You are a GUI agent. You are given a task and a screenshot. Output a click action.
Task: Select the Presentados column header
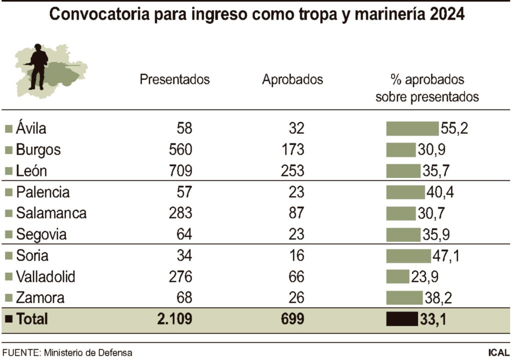[174, 80]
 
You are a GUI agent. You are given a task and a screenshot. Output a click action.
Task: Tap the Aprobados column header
[292, 80]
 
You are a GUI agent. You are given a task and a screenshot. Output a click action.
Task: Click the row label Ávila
[31, 128]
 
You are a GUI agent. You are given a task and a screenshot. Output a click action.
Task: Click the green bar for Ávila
[412, 128]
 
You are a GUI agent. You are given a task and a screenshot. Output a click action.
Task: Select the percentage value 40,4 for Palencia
[439, 192]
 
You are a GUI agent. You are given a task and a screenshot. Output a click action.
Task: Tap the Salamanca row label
[51, 213]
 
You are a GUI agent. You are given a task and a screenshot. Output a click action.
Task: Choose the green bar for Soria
[408, 256]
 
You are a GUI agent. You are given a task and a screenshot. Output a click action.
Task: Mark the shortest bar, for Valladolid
[397, 276]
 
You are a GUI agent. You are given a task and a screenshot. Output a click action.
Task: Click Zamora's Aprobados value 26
[296, 298]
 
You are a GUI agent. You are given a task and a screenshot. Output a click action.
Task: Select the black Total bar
[401, 319]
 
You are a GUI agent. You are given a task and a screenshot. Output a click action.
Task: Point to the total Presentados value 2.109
[174, 319]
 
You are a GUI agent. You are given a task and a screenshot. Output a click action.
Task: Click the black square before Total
[8, 319]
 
